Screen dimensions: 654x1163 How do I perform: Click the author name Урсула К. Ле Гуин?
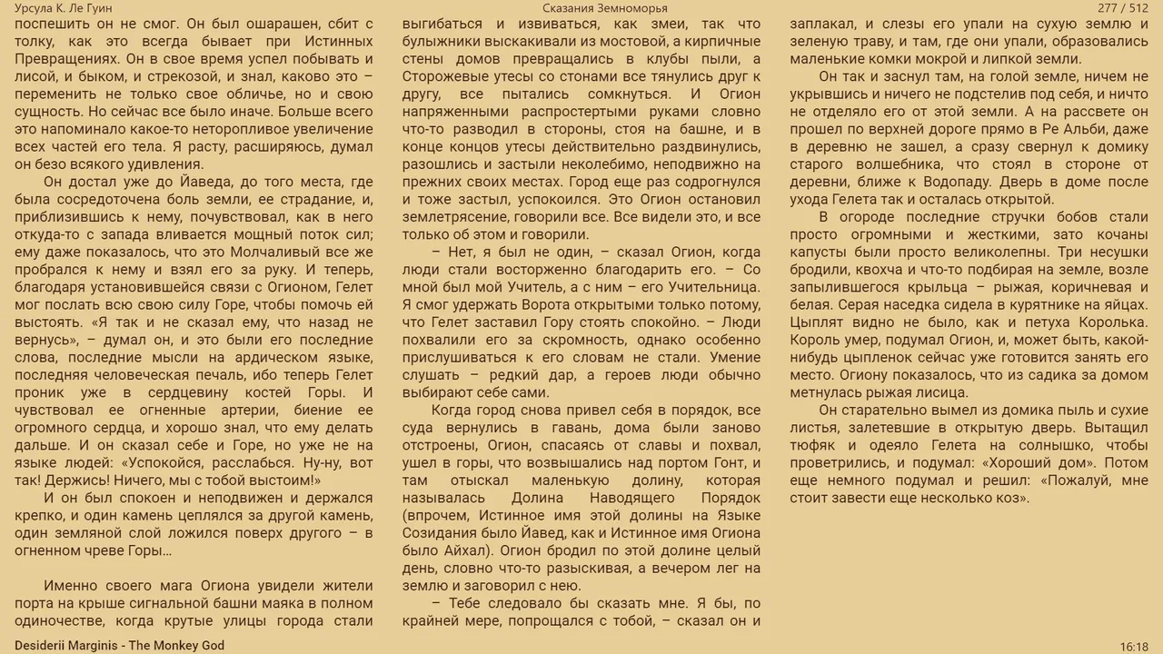pos(64,8)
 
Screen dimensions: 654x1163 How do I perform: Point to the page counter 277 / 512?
pos(1123,8)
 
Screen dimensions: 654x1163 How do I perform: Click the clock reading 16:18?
pos(1134,647)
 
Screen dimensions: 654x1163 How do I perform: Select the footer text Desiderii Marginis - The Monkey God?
pos(119,646)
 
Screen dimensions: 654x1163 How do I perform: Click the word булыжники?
pos(442,42)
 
